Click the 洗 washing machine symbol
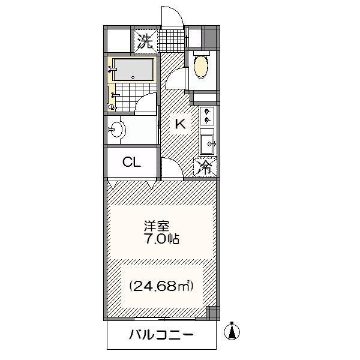(146, 41)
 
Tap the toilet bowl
(201, 67)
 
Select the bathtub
(133, 70)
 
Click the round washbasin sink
(118, 130)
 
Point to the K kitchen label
(180, 124)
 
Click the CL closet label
(131, 162)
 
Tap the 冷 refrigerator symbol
(205, 167)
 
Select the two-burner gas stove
(207, 116)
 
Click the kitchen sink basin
(207, 144)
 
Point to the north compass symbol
(232, 331)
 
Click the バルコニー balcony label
(161, 335)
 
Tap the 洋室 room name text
(157, 226)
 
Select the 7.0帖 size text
(161, 239)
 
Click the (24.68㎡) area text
(161, 286)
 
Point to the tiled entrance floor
(172, 41)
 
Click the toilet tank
(202, 53)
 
